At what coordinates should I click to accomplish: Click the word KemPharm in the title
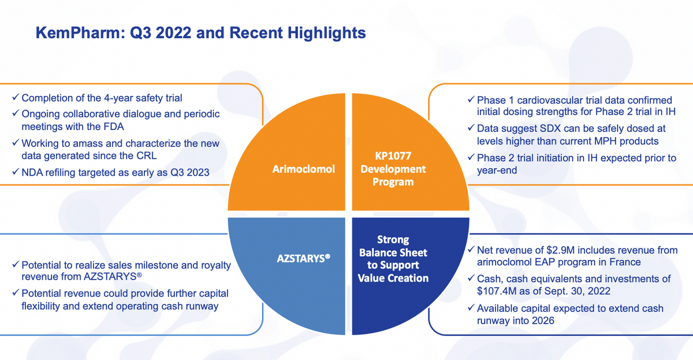pyautogui.click(x=80, y=33)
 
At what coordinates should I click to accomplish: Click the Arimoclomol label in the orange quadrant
pyautogui.click(x=304, y=169)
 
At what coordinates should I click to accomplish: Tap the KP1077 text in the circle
pyautogui.click(x=393, y=155)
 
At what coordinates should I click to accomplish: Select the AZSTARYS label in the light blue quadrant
pyautogui.click(x=304, y=258)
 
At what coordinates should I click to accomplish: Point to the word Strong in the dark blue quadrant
pyautogui.click(x=393, y=240)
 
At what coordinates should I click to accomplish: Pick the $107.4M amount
pyautogui.click(x=497, y=291)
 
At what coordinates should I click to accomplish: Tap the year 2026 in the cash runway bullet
pyautogui.click(x=543, y=320)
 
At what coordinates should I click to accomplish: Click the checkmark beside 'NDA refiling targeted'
pyautogui.click(x=16, y=171)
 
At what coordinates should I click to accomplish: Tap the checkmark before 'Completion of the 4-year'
pyautogui.click(x=16, y=97)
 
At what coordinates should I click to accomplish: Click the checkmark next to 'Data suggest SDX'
pyautogui.click(x=471, y=127)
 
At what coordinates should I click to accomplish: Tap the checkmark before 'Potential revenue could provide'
pyautogui.click(x=16, y=292)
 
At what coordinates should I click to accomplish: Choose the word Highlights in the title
pyautogui.click(x=327, y=33)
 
